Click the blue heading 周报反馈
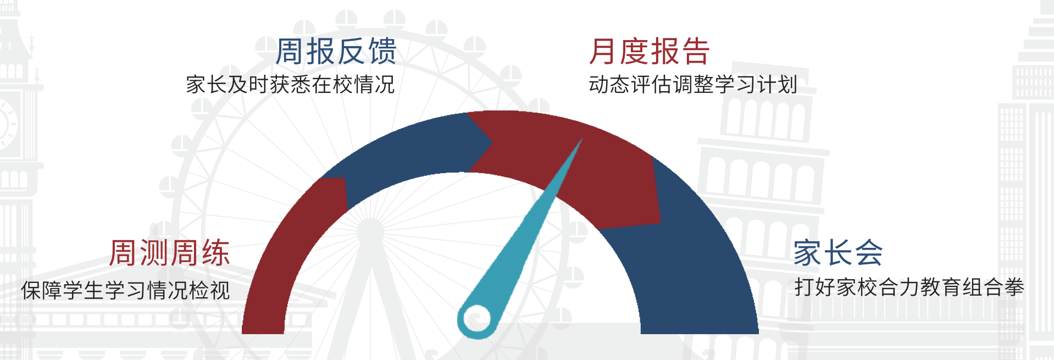336,52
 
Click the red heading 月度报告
650,52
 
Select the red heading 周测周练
169,253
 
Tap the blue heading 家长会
838,253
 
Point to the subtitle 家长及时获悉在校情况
290,85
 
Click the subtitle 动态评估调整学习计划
693,85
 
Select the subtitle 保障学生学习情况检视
125,290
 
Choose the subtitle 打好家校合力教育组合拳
909,287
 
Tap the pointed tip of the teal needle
582,139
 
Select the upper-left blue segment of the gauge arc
407,154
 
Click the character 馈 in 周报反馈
382,52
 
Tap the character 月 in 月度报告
602,52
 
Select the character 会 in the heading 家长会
869,253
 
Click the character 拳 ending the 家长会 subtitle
1014,287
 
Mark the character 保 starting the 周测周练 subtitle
31,290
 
